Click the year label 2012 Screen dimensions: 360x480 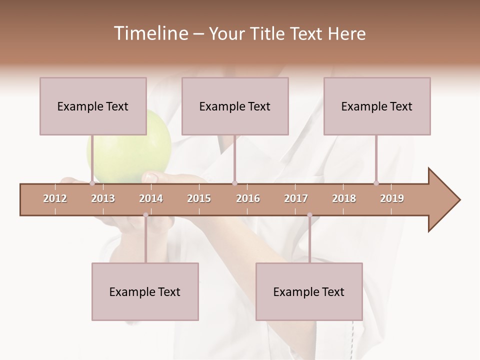(55, 198)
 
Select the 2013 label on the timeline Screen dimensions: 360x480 (103, 198)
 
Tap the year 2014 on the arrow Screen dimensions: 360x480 (151, 198)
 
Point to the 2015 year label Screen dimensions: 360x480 (199, 198)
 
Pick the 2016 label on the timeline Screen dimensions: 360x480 (248, 198)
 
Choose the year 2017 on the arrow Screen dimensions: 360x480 (296, 198)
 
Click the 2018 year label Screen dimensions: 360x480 (344, 198)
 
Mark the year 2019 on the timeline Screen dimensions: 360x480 (392, 198)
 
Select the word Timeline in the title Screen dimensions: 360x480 (149, 33)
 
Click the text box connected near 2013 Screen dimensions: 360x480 (93, 106)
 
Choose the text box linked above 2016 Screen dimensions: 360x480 (235, 106)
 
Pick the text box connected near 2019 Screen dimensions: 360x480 (377, 106)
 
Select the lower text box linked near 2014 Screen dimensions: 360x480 (145, 291)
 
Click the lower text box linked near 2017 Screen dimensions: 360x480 (309, 291)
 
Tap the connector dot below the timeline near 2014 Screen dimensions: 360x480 (145, 215)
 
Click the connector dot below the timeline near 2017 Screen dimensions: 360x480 (309, 215)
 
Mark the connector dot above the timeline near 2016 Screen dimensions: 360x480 (234, 183)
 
